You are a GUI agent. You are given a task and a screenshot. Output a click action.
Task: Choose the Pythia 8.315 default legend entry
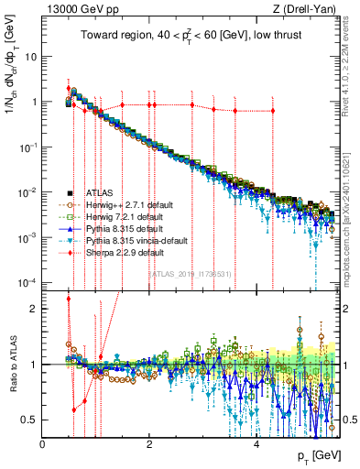click(109, 227)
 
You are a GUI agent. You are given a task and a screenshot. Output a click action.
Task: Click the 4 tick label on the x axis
click(256, 444)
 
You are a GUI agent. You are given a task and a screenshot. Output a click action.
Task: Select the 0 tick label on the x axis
click(42, 444)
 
